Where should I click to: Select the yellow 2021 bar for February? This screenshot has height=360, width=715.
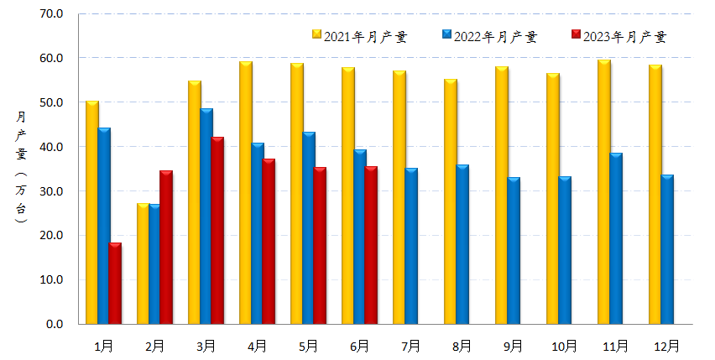144,263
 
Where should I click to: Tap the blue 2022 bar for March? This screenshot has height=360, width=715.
206,217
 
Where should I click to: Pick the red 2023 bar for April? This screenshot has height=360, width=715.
269,242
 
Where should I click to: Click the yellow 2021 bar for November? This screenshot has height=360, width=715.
604,192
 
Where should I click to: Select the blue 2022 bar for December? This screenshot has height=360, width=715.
667,249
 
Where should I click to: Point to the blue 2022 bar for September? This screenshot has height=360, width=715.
514,251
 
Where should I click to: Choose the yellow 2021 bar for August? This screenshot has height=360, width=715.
451,201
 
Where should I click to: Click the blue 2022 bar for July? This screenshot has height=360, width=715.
411,246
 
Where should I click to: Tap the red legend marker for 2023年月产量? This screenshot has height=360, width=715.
575,35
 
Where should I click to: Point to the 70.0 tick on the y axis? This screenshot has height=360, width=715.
52,14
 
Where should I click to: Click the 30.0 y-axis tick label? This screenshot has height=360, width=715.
52,191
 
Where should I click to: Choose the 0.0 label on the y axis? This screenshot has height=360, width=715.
55,324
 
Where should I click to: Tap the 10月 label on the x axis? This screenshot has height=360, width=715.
565,345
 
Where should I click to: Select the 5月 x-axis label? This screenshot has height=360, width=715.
309,345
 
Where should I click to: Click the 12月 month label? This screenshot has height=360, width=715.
667,345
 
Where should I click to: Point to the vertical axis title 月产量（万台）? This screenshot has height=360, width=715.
21,168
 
